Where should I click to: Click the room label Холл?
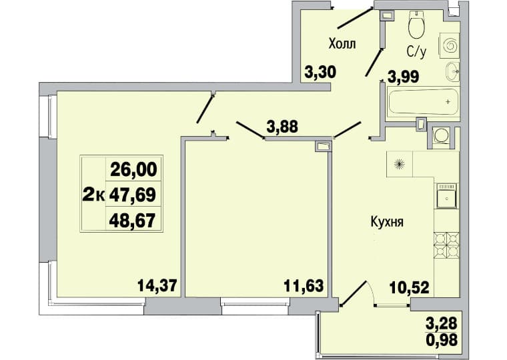click(x=342, y=43)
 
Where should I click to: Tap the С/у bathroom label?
click(x=416, y=52)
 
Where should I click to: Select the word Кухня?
click(x=387, y=223)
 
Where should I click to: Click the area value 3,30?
click(x=320, y=72)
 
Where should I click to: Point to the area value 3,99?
click(x=403, y=77)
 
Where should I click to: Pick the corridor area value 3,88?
click(x=282, y=127)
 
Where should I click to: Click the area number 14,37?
click(x=157, y=285)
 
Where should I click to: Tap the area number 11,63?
click(x=304, y=286)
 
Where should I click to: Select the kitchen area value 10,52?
click(x=410, y=287)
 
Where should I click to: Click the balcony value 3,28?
click(x=442, y=323)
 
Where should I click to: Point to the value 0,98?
click(x=442, y=339)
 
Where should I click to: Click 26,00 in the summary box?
click(x=133, y=169)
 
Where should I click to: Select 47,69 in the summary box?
click(x=133, y=195)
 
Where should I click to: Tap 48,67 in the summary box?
click(x=133, y=221)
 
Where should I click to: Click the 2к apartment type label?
click(x=93, y=195)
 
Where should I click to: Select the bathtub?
click(x=423, y=101)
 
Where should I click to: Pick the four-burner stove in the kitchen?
click(x=446, y=245)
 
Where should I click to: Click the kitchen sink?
click(x=447, y=196)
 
